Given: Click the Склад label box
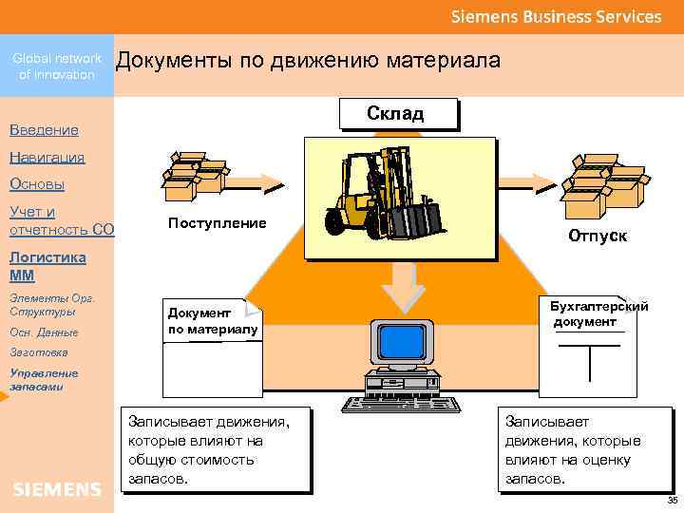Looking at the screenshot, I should pos(396,114).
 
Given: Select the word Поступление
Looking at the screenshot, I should pos(217,223).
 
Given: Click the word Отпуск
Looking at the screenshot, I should pos(598,235).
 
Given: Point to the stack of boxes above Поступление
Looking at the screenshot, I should pos(195,176).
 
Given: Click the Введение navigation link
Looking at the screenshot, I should pos(44,129).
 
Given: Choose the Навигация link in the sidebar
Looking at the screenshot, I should pos(47,157).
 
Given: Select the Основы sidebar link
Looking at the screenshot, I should pos(37,184).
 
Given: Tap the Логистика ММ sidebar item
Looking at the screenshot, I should pos(47,266).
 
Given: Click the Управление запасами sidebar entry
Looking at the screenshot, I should pos(37,379).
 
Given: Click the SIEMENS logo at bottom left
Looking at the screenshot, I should pos(57,489).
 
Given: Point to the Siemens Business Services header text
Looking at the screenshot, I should pos(556,17).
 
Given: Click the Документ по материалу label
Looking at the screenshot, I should pos(211,320).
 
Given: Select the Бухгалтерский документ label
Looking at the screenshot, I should pos(598,313).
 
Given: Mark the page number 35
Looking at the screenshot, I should pos(673,501).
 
